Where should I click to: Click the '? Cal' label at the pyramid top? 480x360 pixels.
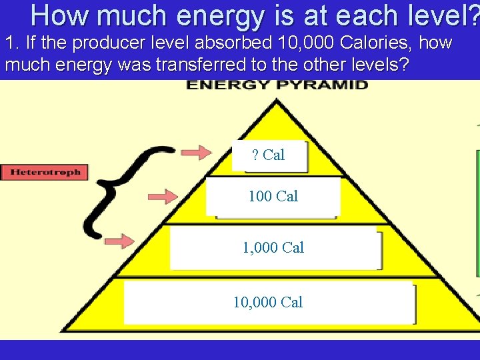pos(269,155)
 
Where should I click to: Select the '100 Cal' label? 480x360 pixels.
pos(273,197)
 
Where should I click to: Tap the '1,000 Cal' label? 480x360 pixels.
pos(273,248)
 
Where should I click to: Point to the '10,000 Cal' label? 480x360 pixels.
pos(268,303)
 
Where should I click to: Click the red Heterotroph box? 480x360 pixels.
pos(45,172)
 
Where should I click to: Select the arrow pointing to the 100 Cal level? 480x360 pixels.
pos(162,197)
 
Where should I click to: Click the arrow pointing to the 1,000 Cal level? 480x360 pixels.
pos(119,241)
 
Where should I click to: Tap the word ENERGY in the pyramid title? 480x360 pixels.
pos(220,85)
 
